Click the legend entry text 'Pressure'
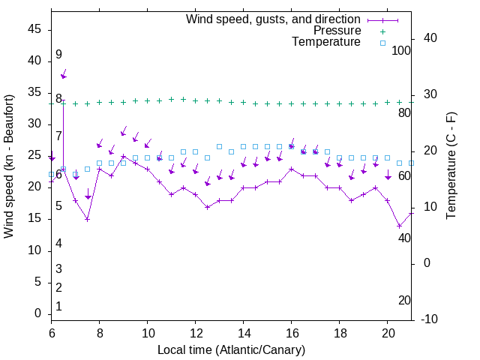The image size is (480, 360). [x=337, y=31]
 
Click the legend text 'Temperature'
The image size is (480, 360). [x=326, y=42]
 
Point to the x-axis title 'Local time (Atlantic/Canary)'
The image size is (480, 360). [x=232, y=349]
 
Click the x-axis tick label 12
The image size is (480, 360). [x=196, y=331]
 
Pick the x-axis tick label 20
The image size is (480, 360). [x=388, y=331]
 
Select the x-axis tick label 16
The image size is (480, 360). [x=292, y=331]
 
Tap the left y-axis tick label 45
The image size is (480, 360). [x=34, y=28]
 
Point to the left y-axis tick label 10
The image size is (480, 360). [x=34, y=250]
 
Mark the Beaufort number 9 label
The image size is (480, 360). [x=58, y=55]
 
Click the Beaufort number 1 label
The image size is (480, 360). [x=58, y=307]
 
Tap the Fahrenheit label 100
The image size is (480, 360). [x=401, y=50]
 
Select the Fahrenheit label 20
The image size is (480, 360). [x=404, y=300]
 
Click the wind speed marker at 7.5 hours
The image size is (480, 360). [x=88, y=219]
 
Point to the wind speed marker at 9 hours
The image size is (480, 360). [x=124, y=156]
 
